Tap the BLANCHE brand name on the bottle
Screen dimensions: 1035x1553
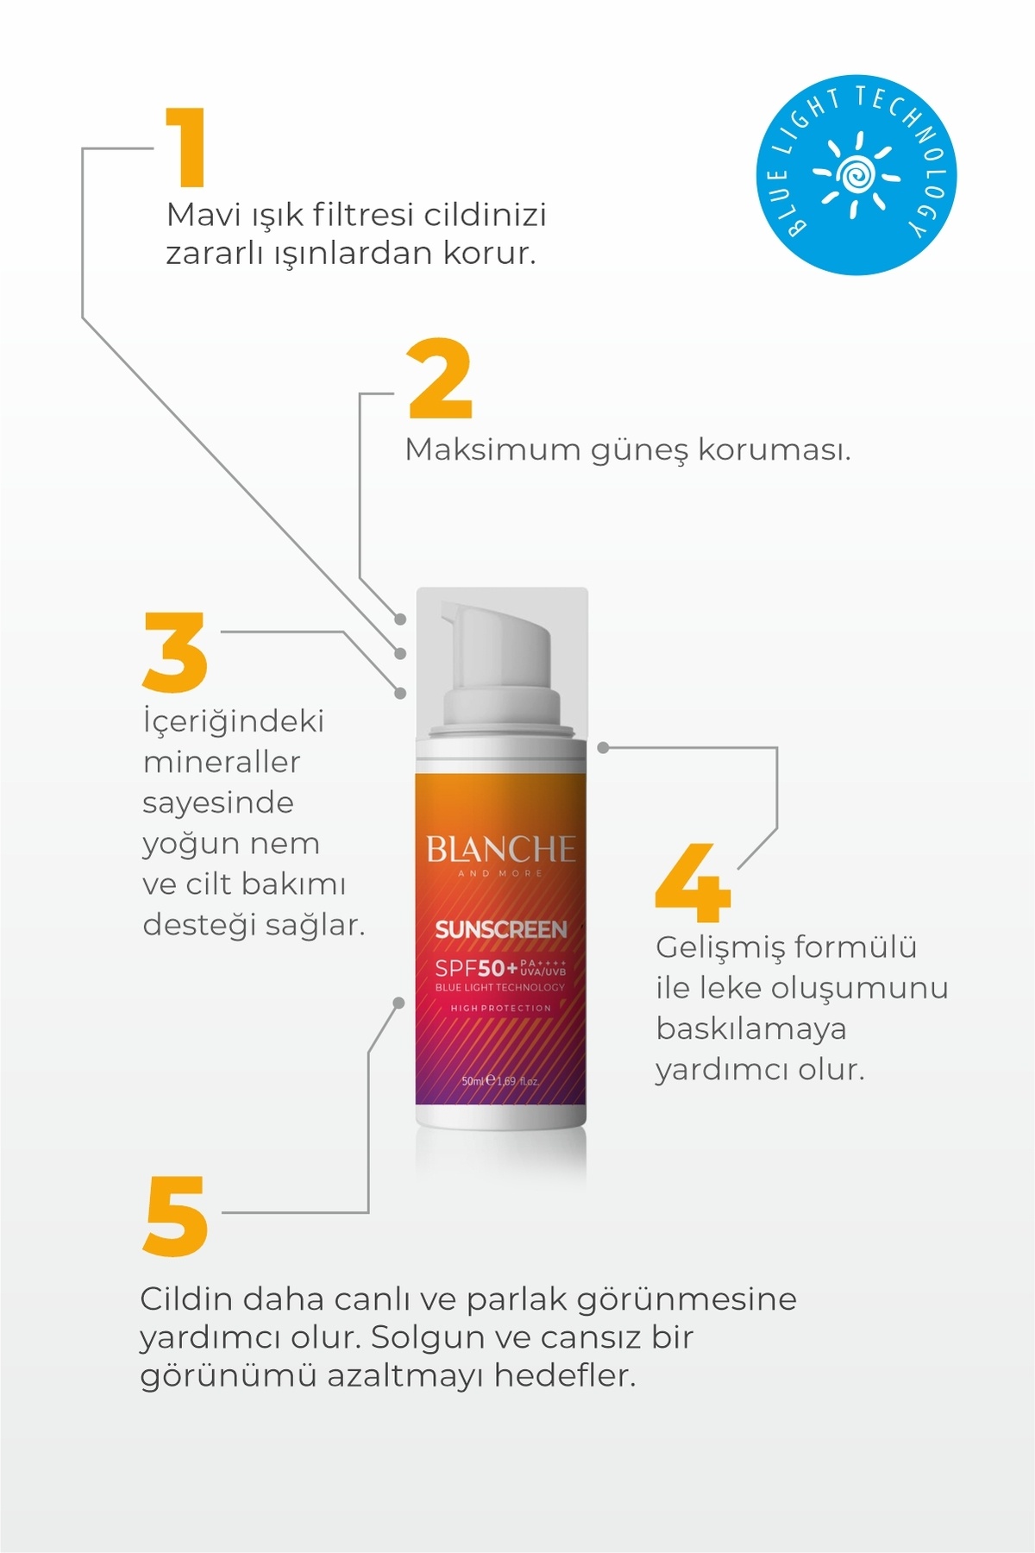click(x=500, y=850)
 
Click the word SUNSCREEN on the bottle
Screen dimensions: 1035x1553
click(x=501, y=930)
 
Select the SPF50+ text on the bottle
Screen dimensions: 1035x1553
click(x=476, y=968)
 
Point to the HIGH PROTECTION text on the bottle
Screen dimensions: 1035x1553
click(x=500, y=1008)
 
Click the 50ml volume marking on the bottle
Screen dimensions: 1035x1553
click(x=473, y=1080)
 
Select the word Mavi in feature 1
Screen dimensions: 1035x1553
click(x=204, y=214)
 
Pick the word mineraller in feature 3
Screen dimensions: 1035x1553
click(x=222, y=762)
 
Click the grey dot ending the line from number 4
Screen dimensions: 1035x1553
click(x=603, y=748)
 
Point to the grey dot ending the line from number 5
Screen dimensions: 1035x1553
click(x=398, y=1003)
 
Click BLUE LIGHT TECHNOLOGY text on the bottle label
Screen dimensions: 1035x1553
click(x=500, y=988)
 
